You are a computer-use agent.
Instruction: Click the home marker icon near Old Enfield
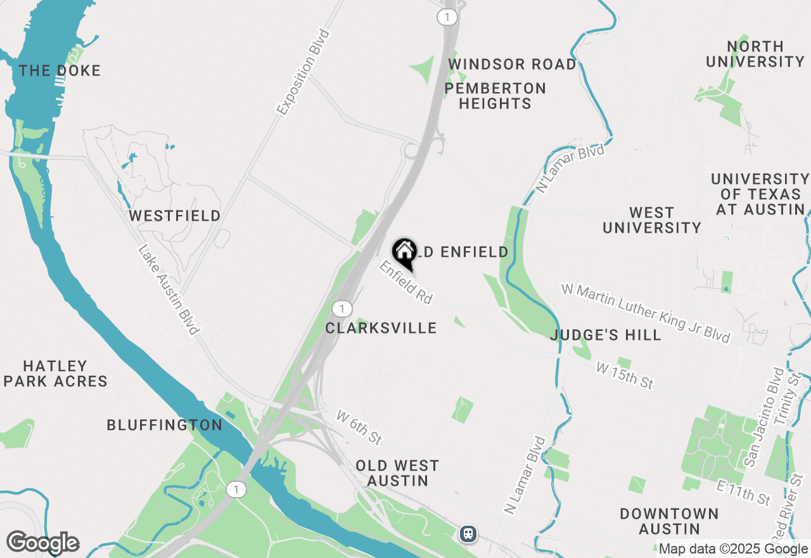click(404, 252)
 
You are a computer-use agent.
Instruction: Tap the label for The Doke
click(60, 70)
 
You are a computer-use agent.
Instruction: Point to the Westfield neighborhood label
click(175, 216)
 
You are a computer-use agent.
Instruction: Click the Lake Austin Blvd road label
click(169, 290)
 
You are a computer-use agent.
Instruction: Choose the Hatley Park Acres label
click(55, 373)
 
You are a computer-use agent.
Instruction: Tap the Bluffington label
click(164, 425)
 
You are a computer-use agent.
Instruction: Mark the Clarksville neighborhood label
click(381, 328)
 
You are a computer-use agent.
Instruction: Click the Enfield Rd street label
click(406, 283)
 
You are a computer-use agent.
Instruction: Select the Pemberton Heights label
click(495, 96)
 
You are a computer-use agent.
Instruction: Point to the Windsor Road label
click(513, 65)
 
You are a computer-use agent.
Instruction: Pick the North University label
click(755, 54)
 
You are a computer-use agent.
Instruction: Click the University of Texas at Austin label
click(760, 194)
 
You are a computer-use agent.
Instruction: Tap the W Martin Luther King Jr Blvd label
click(646, 313)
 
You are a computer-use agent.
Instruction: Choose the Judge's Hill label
click(606, 335)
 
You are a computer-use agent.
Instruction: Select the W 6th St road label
click(359, 427)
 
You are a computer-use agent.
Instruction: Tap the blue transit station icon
click(468, 534)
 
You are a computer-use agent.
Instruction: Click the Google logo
click(42, 543)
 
